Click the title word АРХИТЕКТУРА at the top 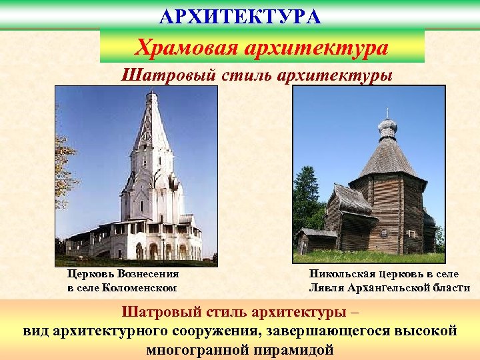pyautogui.click(x=240, y=16)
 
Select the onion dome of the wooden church pyautogui.click(x=387, y=127)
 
